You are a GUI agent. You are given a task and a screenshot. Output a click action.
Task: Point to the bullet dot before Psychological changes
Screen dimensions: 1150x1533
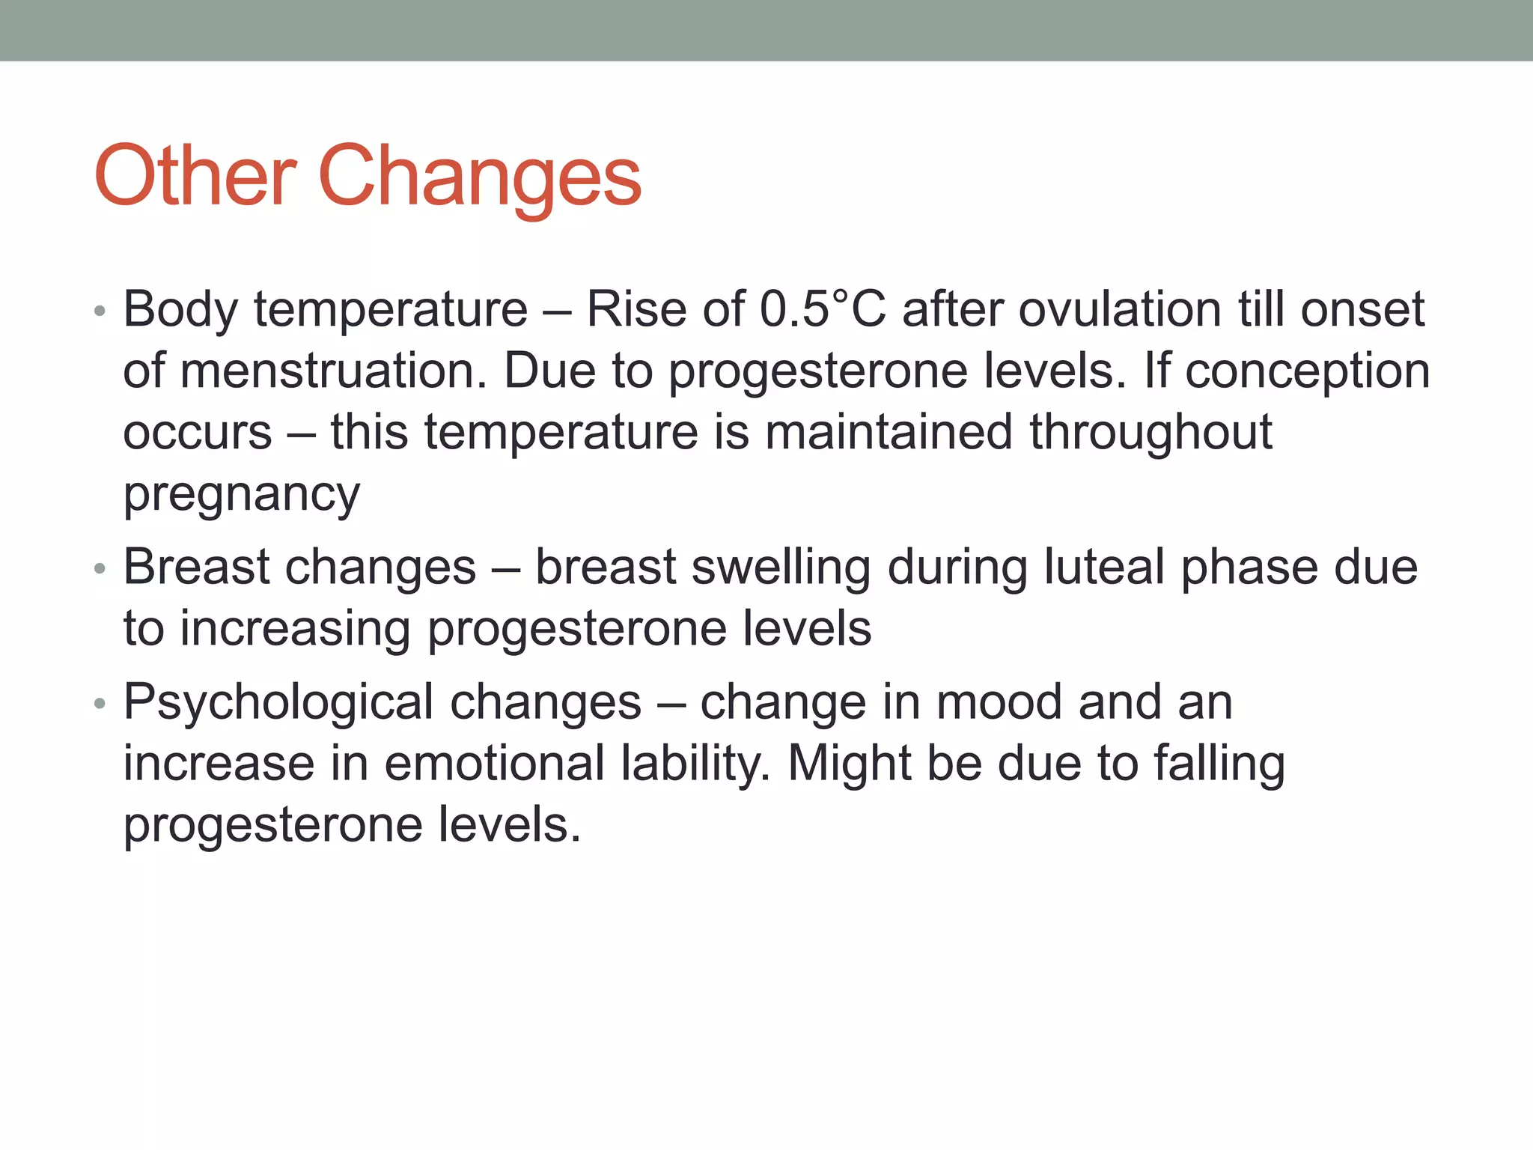point(100,705)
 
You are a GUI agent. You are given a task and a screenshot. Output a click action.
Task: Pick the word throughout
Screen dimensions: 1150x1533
point(1150,432)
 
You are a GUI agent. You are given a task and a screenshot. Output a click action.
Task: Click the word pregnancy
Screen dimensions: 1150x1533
point(242,494)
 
